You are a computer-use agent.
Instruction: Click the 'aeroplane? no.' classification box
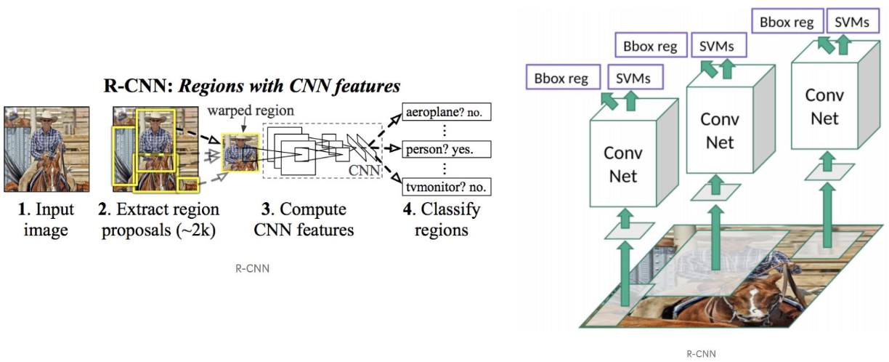[x=446, y=113]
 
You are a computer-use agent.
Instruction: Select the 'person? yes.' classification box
[x=446, y=150]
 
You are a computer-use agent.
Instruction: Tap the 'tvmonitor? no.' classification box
[x=446, y=187]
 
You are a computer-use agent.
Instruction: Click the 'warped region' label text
[x=251, y=111]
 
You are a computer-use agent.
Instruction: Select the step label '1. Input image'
[x=46, y=220]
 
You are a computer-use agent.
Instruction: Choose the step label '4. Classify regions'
[x=442, y=220]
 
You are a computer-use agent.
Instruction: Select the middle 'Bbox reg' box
[x=650, y=47]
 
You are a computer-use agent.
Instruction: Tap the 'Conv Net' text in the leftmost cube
[x=622, y=164]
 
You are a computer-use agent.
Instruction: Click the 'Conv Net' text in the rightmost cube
[x=824, y=106]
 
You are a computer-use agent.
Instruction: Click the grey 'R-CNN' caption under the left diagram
[x=252, y=268]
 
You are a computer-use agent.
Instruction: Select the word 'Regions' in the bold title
[x=208, y=87]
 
